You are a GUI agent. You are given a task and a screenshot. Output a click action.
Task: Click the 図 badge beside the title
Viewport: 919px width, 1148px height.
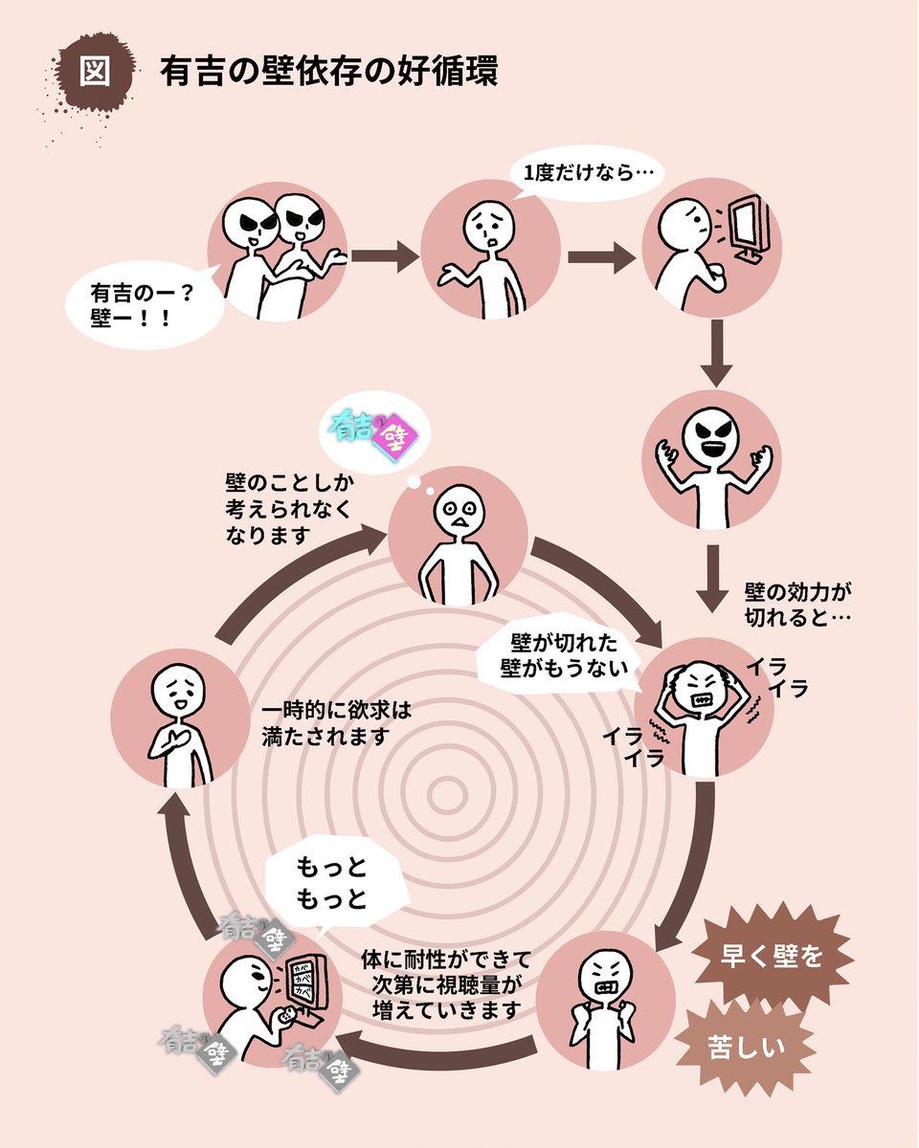pos(95,74)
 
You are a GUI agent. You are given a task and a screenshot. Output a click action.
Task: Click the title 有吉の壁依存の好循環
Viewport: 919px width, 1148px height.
pos(328,74)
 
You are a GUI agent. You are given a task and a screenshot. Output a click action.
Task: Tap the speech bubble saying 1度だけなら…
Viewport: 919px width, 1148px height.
pos(582,174)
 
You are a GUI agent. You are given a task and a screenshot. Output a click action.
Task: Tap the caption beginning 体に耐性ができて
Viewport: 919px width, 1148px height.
pos(446,982)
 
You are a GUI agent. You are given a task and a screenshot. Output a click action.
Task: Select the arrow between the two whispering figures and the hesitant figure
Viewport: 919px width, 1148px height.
pos(386,255)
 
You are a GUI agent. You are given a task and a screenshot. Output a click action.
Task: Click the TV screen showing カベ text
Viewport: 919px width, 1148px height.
pos(303,976)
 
